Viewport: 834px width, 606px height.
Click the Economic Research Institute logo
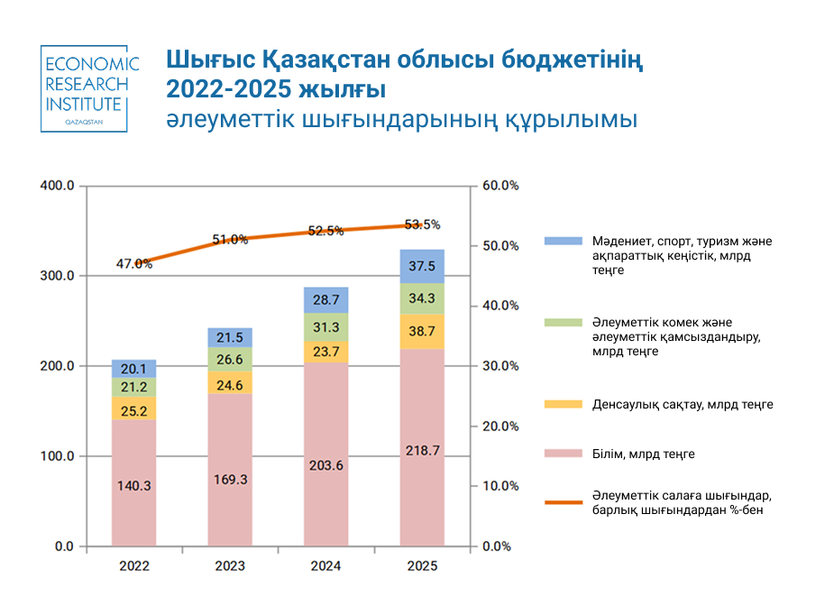coord(90,88)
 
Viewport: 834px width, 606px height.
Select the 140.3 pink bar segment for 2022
coord(133,484)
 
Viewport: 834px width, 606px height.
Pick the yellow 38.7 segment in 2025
coord(422,332)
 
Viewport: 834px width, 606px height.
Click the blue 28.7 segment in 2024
coord(326,299)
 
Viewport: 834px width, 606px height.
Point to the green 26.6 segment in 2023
coord(230,360)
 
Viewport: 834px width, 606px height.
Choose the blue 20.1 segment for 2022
coord(133,368)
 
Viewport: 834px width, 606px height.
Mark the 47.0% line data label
coord(133,263)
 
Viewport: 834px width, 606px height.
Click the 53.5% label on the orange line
coord(422,225)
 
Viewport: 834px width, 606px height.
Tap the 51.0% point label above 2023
coord(230,239)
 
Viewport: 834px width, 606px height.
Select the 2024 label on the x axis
coord(326,566)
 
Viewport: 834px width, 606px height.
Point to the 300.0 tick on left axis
coord(57,276)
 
